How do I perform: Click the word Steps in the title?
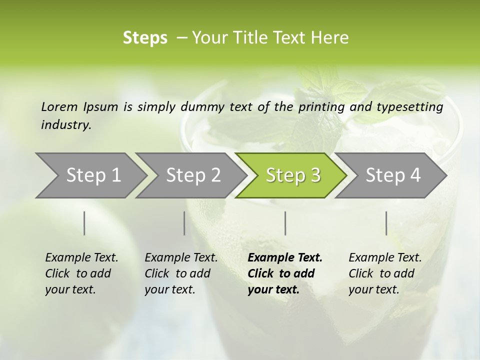coord(145,38)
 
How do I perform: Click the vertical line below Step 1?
coord(84,223)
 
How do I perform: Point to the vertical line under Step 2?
coord(184,223)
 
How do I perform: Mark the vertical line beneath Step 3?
coord(285,223)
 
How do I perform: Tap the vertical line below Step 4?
coord(386,223)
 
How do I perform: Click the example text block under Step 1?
coord(81,273)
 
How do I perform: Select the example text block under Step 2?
coord(181,273)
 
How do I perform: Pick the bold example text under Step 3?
coord(285,273)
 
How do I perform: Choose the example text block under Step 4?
coord(385,273)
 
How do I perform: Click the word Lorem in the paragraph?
coord(59,106)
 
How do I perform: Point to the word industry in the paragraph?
coord(66,125)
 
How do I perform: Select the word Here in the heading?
coord(331,38)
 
